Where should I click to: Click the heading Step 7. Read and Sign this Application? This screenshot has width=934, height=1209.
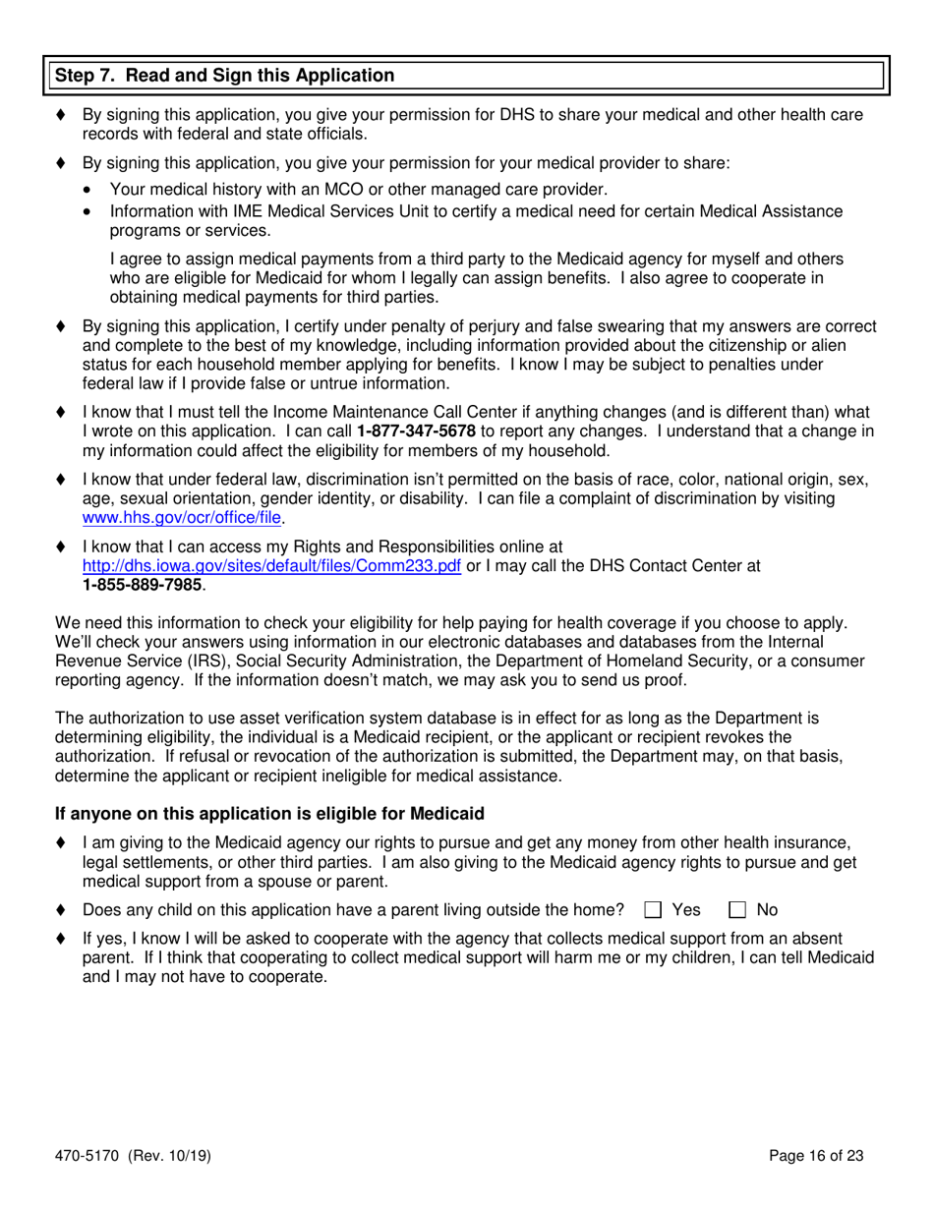[224, 76]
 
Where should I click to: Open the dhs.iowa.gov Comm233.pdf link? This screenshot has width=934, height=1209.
[272, 566]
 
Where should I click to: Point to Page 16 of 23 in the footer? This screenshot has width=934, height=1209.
[818, 1157]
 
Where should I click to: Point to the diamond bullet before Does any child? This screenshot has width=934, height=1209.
[62, 910]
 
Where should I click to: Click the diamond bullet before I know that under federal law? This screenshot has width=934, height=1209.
[62, 481]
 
